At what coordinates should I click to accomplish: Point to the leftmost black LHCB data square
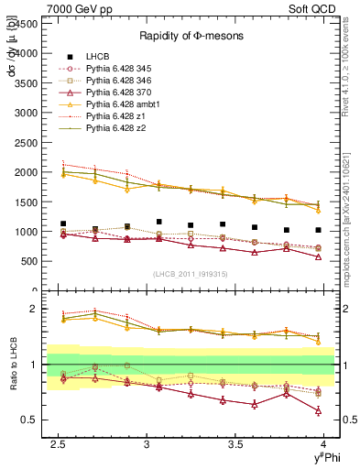click(x=63, y=224)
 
